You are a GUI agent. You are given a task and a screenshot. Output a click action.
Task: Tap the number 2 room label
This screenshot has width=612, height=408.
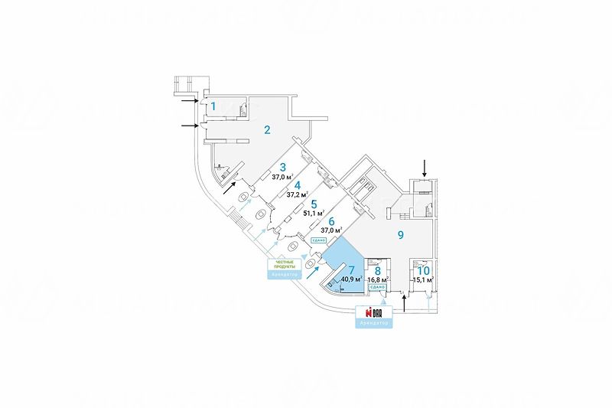pos(267,129)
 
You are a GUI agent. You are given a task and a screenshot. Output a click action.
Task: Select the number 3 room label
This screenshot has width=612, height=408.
pos(282,168)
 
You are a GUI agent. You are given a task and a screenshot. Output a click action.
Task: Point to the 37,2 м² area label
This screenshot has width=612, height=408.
pos(298,194)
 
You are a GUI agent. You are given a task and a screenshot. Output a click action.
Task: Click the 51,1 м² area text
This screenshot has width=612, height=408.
pos(313,214)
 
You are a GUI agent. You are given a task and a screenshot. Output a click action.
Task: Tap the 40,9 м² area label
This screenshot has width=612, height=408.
pos(351,279)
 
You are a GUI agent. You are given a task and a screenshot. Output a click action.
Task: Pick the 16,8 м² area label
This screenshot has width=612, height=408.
pos(378,280)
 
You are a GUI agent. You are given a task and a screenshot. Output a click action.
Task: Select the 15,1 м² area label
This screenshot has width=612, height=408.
pos(423,280)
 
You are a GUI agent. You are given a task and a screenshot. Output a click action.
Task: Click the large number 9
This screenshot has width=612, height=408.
pos(399,235)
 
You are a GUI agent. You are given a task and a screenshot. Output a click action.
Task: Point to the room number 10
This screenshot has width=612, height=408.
pos(424,269)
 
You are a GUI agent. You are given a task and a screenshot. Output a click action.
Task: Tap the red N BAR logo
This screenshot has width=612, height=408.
pos(374,314)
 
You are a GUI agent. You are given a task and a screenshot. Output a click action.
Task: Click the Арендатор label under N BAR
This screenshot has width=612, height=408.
pos(374,325)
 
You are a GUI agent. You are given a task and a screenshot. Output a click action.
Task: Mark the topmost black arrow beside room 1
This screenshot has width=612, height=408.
pos(190,99)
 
